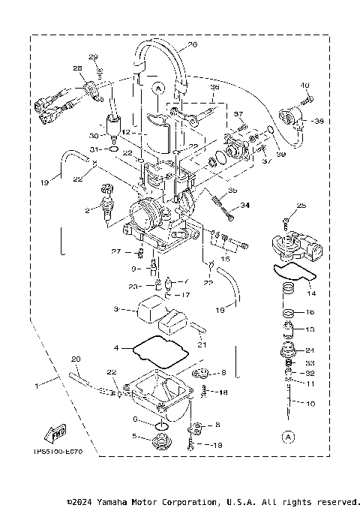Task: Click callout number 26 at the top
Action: click(192, 45)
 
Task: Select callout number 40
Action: click(305, 86)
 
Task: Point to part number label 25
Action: click(301, 206)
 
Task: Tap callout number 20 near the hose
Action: click(76, 359)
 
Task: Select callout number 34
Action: click(244, 205)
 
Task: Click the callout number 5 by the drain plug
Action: click(135, 437)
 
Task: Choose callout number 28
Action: click(77, 69)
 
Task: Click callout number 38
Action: click(319, 121)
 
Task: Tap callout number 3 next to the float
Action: click(116, 309)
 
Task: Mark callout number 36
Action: click(214, 87)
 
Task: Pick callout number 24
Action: click(311, 350)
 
